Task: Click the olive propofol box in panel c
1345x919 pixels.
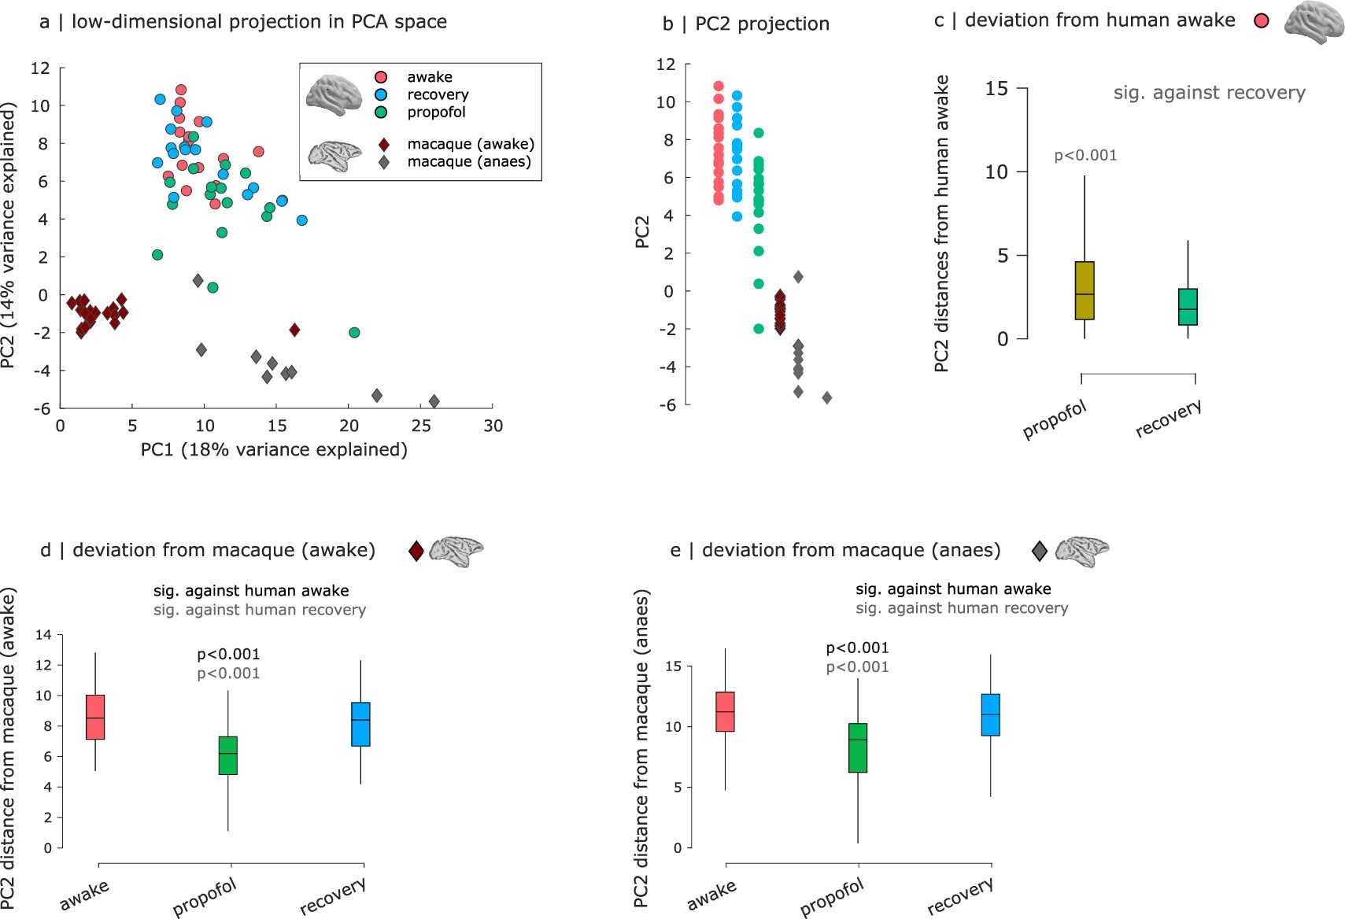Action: coord(1084,290)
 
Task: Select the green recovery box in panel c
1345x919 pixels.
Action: coord(1187,307)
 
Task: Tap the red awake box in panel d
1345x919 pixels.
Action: coord(95,717)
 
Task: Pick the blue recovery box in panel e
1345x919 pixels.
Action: coord(990,714)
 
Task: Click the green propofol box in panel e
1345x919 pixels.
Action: coord(857,747)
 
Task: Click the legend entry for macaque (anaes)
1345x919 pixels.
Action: coord(469,162)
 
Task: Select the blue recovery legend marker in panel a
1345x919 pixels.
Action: coord(382,94)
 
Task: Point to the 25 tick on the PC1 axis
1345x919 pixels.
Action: coord(421,426)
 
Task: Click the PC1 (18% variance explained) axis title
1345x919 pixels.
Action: coord(274,450)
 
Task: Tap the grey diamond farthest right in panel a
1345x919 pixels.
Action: coord(434,401)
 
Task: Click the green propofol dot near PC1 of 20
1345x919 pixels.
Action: coord(354,333)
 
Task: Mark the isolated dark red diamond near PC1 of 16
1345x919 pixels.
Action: coord(294,330)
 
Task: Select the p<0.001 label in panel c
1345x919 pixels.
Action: coord(1085,156)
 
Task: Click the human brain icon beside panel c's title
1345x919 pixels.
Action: coord(1314,21)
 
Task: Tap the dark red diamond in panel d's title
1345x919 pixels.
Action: coord(416,551)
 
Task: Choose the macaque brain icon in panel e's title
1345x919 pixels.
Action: coord(1081,550)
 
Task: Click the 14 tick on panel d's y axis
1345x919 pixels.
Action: coord(43,635)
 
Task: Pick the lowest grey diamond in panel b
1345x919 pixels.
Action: coord(826,398)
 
